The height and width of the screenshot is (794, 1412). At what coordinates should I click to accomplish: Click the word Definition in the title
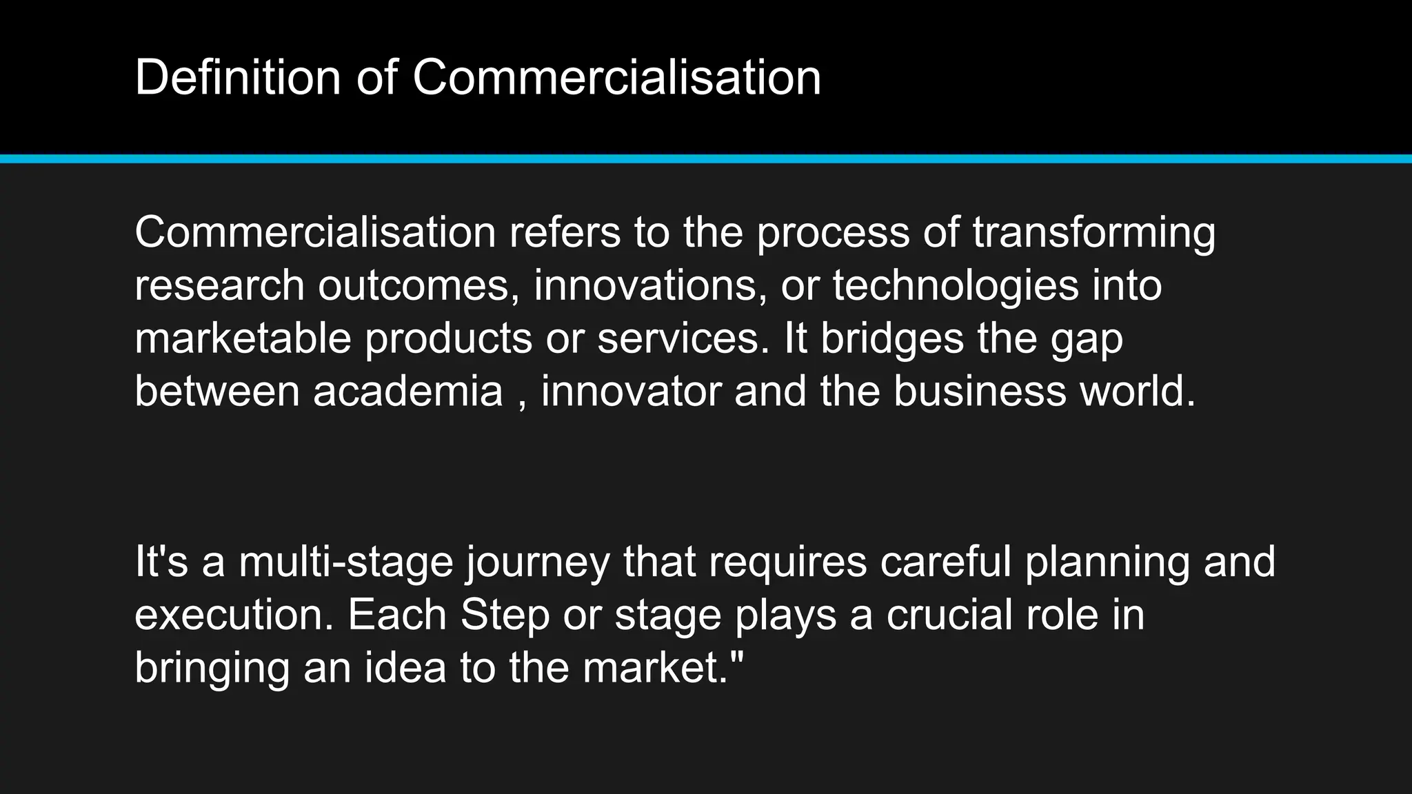pyautogui.click(x=238, y=77)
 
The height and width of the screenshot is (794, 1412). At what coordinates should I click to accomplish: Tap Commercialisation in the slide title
pyautogui.click(x=616, y=77)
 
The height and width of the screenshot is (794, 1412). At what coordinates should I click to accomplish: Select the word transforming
pyautogui.click(x=1094, y=233)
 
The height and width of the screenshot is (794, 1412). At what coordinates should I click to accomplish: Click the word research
pyautogui.click(x=219, y=285)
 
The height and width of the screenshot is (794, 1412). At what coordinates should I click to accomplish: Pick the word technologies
pyautogui.click(x=956, y=285)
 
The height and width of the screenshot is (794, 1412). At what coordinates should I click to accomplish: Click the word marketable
pyautogui.click(x=243, y=338)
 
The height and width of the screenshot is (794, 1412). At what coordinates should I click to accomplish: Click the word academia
pyautogui.click(x=408, y=391)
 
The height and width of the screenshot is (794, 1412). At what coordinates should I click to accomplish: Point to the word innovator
pyautogui.click(x=631, y=391)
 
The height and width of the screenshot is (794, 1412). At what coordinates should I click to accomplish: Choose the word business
pyautogui.click(x=980, y=391)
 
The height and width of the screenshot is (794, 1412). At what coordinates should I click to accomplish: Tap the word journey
pyautogui.click(x=538, y=562)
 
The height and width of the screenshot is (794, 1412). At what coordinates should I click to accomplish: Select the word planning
pyautogui.click(x=1107, y=562)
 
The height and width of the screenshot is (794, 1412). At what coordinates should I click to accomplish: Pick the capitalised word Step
pyautogui.click(x=505, y=615)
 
